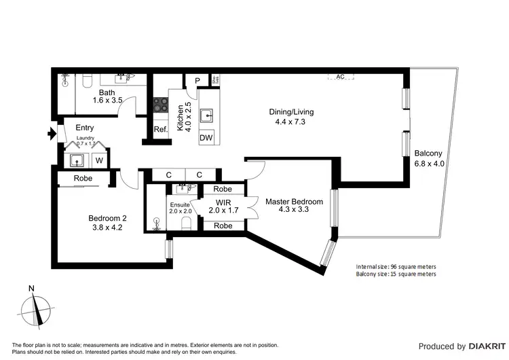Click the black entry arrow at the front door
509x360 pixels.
pos(51,134)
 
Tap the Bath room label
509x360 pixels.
pos(107,93)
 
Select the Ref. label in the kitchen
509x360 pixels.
pos(160,130)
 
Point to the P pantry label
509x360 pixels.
pos(197,81)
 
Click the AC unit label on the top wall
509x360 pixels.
pos(340,77)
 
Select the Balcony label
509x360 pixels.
pos(426,154)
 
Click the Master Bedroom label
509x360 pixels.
pos(294,202)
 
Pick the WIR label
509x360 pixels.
pos(225,202)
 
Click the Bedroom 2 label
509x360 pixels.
pos(107,218)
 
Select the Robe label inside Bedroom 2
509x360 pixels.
pos(83,179)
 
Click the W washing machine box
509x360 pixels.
pos(98,161)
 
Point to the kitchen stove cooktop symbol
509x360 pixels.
pos(161,105)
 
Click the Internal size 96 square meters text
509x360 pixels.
pos(396,266)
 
